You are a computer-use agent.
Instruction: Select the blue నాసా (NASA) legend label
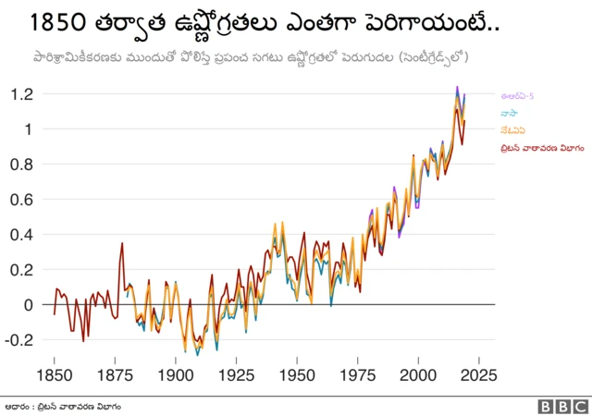tap(511, 113)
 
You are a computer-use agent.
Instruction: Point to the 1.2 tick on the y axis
tap(22, 94)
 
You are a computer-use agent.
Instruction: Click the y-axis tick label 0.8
tap(22, 165)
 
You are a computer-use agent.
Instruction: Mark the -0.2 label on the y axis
tap(20, 339)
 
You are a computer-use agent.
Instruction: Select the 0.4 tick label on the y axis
tap(22, 235)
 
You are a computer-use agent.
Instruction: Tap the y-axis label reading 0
tap(29, 305)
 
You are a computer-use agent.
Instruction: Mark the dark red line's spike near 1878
tap(122, 243)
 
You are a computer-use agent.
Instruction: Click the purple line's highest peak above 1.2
tap(457, 87)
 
